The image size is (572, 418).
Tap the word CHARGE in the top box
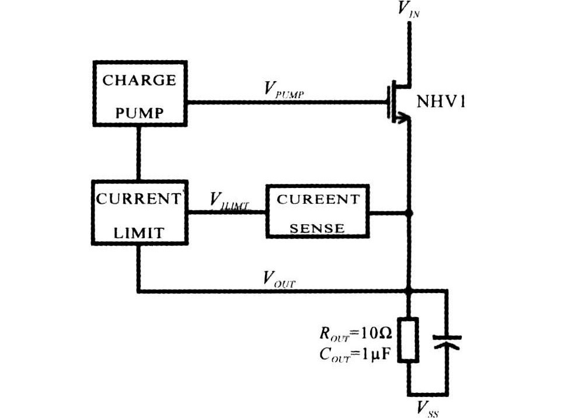coord(139,80)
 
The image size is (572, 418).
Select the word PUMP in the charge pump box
coord(139,112)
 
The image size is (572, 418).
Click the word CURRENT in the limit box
coord(139,198)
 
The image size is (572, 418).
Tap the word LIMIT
coord(139,232)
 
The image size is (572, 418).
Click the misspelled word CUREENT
coord(318,199)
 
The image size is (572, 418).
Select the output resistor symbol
coord(409,340)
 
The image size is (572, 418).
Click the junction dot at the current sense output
coord(409,213)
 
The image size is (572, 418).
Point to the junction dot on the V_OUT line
coord(409,290)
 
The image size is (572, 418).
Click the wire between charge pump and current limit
coord(139,152)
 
